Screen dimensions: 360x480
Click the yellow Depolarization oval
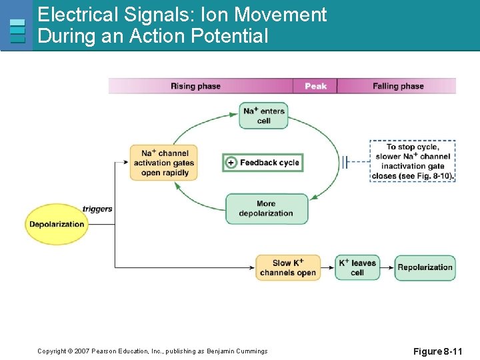point(57,224)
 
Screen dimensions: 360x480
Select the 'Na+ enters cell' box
point(264,115)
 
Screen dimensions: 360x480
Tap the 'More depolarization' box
point(267,209)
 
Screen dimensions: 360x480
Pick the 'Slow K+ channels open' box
point(288,267)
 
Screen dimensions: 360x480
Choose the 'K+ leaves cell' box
point(357,267)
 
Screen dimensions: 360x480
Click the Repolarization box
point(425,267)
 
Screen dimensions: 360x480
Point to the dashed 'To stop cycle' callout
point(413,161)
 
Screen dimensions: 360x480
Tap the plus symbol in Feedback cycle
point(231,163)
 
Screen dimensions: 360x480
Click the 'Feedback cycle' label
point(269,163)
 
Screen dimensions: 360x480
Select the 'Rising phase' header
point(195,86)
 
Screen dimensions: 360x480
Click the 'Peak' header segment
point(315,86)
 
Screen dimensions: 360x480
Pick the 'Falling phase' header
point(398,86)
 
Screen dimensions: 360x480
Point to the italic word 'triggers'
point(97,209)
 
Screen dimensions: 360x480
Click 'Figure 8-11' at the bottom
point(437,351)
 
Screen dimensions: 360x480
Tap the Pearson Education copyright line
point(152,351)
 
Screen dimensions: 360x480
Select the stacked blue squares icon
point(17,31)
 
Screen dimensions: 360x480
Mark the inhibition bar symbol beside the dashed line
point(345,161)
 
